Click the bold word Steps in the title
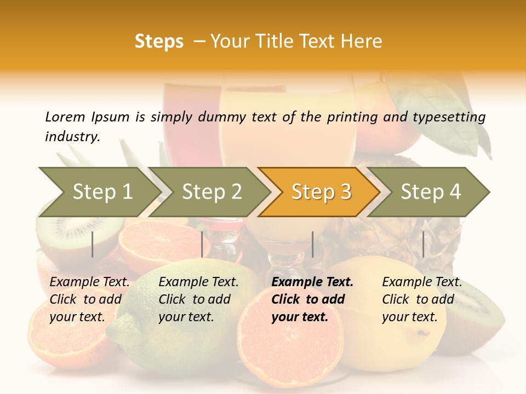coord(159,42)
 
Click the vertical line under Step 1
coord(93,244)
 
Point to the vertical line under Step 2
coord(202,244)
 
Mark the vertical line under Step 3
coord(313,244)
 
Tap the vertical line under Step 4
coord(423,244)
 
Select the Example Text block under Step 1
coord(89,299)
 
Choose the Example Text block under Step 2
coord(198,299)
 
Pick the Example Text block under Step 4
coord(422,299)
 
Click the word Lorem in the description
coord(65,117)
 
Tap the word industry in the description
coord(72,136)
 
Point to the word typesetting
coord(449,117)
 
